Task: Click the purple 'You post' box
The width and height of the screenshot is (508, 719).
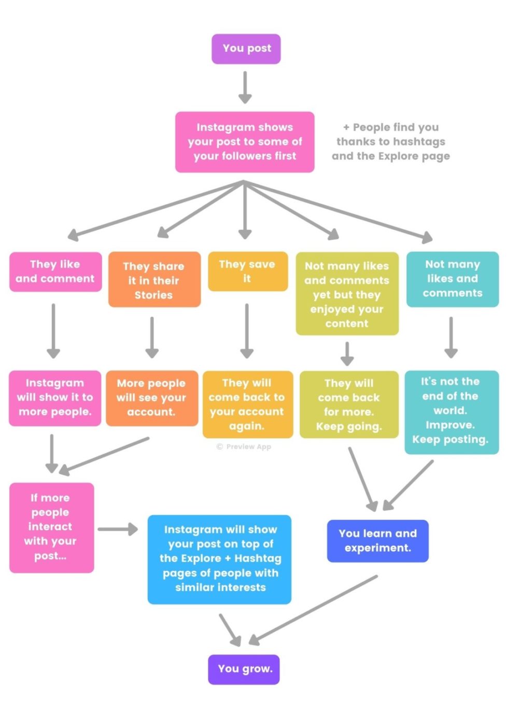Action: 246,49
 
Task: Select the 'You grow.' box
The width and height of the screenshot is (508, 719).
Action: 244,669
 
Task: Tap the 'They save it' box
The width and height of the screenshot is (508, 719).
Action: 247,271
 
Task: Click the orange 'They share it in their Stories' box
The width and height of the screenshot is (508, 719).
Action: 154,280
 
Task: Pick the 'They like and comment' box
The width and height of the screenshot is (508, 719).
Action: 55,272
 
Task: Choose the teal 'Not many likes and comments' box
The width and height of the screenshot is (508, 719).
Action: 452,279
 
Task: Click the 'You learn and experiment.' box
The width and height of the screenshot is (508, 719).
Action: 377,541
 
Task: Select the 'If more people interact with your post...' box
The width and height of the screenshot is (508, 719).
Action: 51,527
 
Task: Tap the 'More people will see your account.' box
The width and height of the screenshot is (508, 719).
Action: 151,398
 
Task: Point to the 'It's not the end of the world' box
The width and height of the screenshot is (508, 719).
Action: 451,411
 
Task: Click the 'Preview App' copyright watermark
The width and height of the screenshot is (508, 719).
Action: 244,447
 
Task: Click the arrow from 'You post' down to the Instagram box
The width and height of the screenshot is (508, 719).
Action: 245,87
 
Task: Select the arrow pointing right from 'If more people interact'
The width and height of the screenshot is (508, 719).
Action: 118,529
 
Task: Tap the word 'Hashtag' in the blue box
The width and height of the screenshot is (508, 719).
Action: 258,558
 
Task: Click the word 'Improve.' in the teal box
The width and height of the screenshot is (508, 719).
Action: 449,425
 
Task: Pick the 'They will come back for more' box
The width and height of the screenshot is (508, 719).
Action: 349,404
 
